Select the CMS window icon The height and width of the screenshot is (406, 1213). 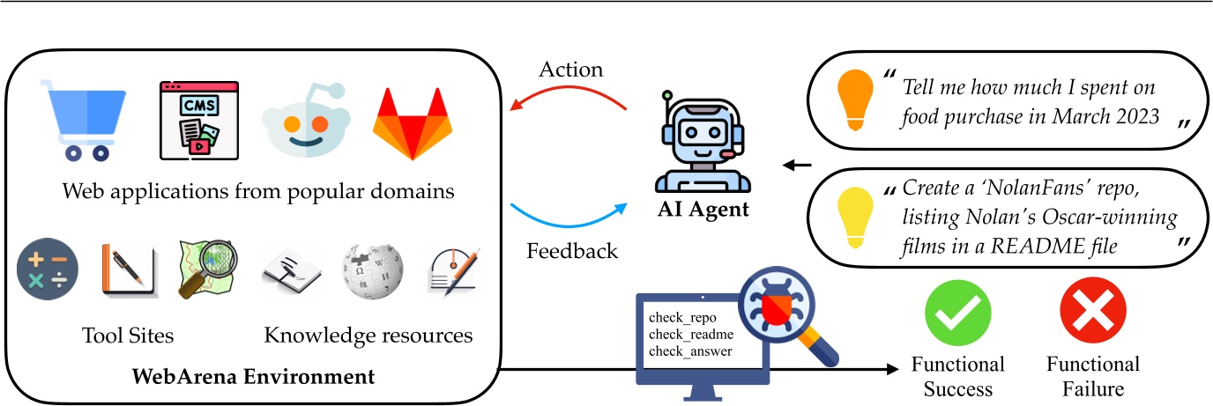pos(198,120)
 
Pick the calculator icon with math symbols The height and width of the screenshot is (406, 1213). pos(48,269)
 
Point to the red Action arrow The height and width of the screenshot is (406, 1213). pos(569,98)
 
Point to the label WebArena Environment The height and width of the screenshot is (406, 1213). pos(253,378)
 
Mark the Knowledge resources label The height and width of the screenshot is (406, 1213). pos(368,336)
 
